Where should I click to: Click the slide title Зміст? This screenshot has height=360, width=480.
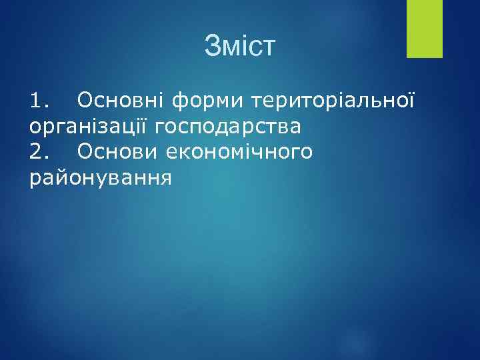pos(240,47)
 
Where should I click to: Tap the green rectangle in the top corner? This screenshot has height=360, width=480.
pos(424,29)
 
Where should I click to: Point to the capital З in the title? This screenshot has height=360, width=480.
pos(213,47)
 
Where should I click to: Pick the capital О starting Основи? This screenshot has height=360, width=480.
pos(85,152)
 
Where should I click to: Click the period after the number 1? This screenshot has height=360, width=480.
pos(47,106)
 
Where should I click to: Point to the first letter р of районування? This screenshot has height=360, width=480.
pos(35,180)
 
